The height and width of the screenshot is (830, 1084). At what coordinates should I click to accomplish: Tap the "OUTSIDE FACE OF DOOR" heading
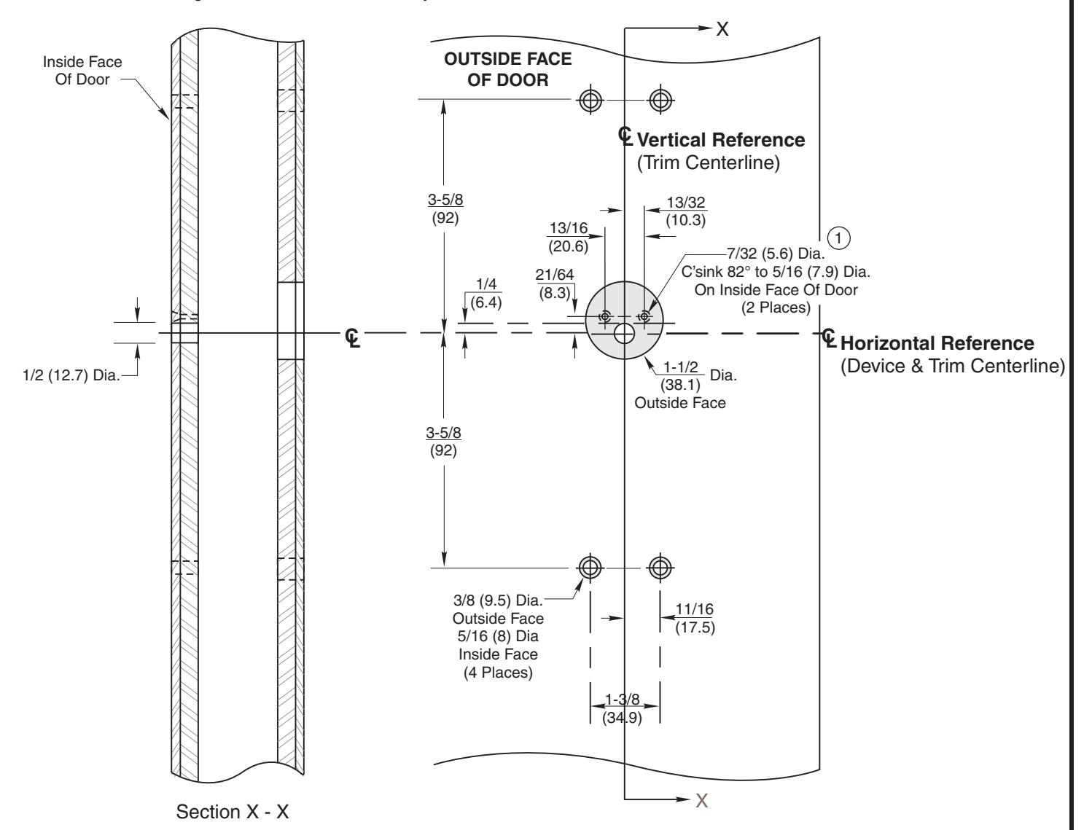tap(508, 70)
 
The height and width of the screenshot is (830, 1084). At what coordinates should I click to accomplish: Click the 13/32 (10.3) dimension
tap(686, 211)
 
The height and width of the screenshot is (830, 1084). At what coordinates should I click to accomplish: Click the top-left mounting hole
tap(590, 99)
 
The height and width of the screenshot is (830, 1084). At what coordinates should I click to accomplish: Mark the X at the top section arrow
tap(722, 28)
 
